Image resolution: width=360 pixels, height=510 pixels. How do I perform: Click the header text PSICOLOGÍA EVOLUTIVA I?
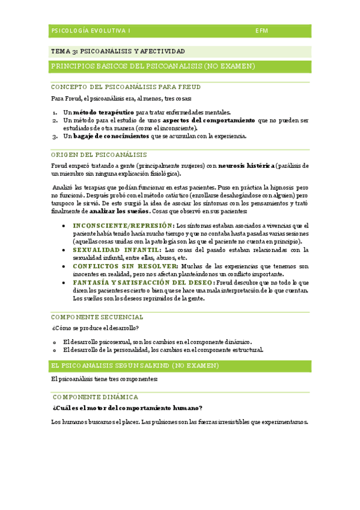[x=91, y=30]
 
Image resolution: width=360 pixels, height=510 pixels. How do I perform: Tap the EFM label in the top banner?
[x=262, y=30]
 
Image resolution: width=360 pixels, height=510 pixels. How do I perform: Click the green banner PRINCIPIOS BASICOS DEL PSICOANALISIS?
[x=153, y=66]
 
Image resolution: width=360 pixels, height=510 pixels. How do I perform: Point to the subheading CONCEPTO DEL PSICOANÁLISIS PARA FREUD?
[x=126, y=87]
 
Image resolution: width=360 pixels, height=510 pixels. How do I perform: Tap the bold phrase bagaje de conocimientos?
[x=111, y=136]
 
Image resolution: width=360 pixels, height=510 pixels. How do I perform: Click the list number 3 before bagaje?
[x=54, y=136]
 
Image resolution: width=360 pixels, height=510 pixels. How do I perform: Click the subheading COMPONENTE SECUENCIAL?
[x=97, y=317]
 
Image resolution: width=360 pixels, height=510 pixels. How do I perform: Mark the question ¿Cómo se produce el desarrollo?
[x=96, y=328]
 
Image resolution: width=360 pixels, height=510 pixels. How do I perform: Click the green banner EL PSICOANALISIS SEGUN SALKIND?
[x=135, y=366]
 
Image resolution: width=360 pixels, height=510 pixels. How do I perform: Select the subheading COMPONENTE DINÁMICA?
[x=96, y=397]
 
